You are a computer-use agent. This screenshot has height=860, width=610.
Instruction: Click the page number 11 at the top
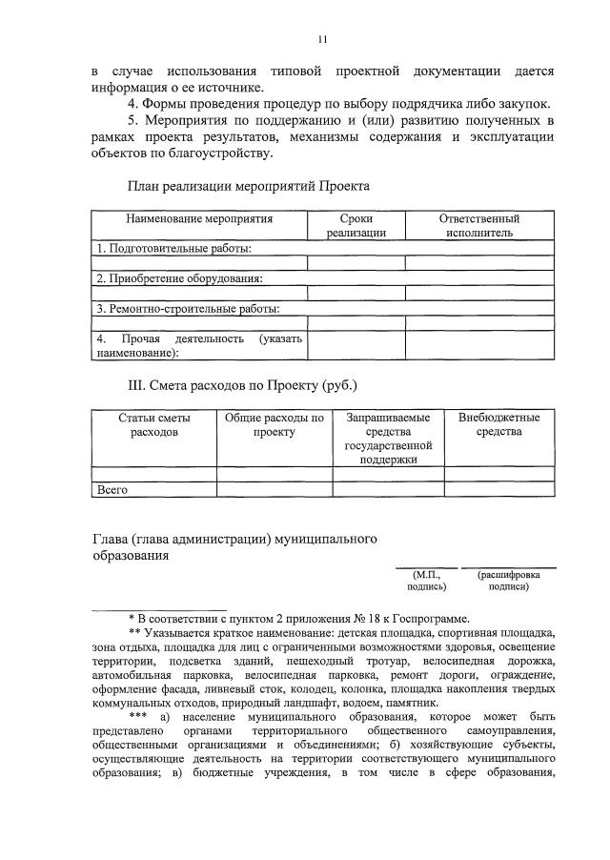click(322, 39)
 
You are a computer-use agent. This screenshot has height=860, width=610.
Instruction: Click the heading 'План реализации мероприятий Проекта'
click(248, 186)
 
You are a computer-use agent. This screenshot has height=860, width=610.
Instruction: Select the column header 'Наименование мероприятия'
click(199, 219)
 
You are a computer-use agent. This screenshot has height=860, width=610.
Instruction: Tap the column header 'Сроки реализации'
click(356, 226)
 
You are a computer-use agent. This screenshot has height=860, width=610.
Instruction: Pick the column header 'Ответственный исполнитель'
click(478, 226)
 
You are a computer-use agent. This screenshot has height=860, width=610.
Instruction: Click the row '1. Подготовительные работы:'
click(175, 248)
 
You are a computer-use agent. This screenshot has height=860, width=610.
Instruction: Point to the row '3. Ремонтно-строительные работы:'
click(188, 309)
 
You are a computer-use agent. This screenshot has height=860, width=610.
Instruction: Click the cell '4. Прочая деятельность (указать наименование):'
click(198, 345)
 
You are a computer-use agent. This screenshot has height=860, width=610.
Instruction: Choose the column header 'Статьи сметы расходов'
click(153, 425)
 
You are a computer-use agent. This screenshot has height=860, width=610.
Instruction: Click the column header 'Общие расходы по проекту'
click(274, 425)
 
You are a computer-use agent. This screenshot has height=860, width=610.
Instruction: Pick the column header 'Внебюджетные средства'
click(498, 425)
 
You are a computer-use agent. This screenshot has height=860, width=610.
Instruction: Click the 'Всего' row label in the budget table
click(112, 489)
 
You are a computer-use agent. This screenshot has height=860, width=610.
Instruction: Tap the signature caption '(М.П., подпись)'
click(425, 581)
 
